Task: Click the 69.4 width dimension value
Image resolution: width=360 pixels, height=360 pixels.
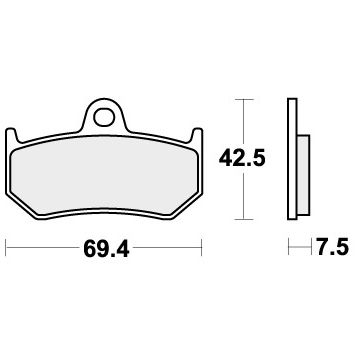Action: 105,243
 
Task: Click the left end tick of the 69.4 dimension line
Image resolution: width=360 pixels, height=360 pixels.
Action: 8,243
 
